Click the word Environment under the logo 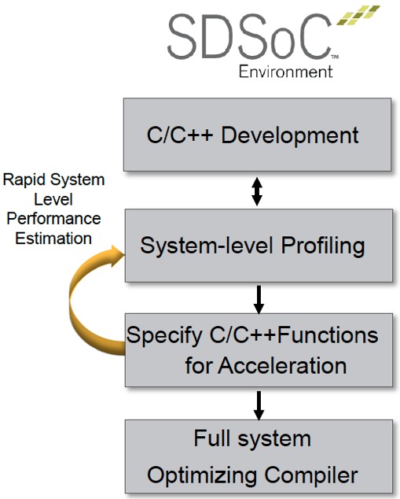pos(285,72)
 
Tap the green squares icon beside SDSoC pos(358,15)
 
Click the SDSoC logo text pos(249,37)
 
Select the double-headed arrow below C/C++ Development pos(257,191)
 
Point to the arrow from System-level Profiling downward pos(259,299)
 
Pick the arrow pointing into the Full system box pos(259,405)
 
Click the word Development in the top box pos(290,135)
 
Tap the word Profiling pos(323,246)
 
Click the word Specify pos(164,336)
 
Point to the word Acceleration pos(282,365)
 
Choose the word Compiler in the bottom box pos(311,475)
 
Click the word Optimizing pos(202,476)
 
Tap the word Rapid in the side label pos(24,180)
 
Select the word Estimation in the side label pos(53,238)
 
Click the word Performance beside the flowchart pos(53,219)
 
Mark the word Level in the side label pos(53,200)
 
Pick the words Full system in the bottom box pos(252,439)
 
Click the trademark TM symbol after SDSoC pos(335,57)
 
